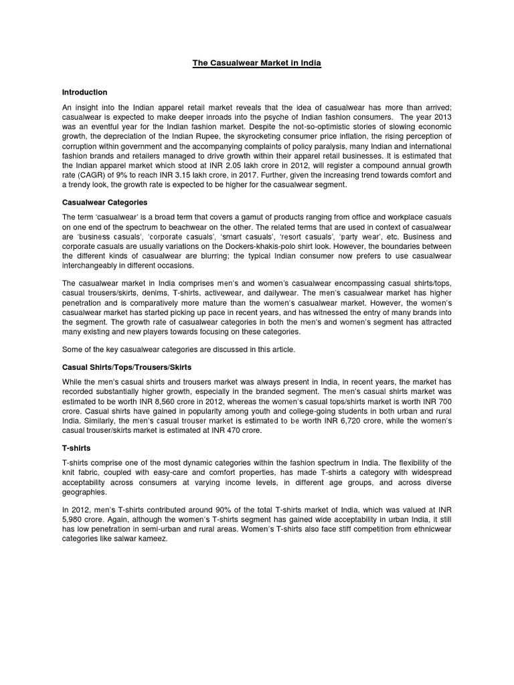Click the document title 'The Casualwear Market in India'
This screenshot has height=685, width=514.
point(257,63)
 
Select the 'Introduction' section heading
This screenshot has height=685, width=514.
point(84,92)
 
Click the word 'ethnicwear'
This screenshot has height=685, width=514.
point(431,530)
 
